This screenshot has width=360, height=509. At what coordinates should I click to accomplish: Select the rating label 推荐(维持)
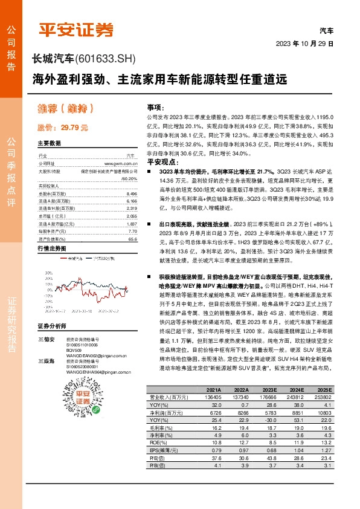[x=65, y=109]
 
